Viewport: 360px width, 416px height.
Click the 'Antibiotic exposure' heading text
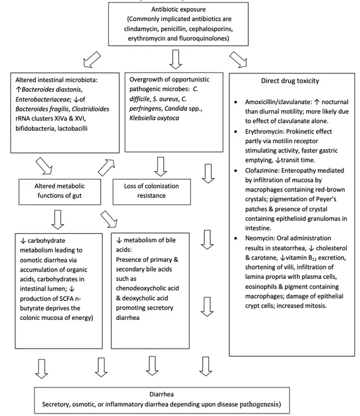pyautogui.click(x=178, y=10)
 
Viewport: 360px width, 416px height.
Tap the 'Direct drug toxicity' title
pyautogui.click(x=290, y=81)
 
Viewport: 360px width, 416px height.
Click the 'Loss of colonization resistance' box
pyautogui.click(x=152, y=192)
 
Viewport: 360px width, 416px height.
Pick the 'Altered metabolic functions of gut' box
pyautogui.click(x=60, y=192)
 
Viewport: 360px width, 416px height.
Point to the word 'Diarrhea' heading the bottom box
pyautogui.click(x=161, y=394)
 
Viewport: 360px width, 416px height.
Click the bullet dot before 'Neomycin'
pyautogui.click(x=236, y=238)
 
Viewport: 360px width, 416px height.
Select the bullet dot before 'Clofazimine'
pyautogui.click(x=236, y=171)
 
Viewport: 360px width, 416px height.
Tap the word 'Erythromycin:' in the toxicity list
pyautogui.click(x=262, y=132)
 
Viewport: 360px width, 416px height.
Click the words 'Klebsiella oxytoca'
pyautogui.click(x=154, y=118)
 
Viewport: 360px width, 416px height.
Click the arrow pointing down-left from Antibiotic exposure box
pyautogui.click(x=92, y=59)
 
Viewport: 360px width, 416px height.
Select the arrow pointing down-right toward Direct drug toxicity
pyautogui.click(x=238, y=59)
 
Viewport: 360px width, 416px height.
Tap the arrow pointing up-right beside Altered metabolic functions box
pyautogui.click(x=106, y=168)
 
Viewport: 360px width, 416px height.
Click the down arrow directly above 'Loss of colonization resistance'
pyautogui.click(x=161, y=166)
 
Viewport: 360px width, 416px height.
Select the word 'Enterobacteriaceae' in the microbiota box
pyautogui.click(x=43, y=100)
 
